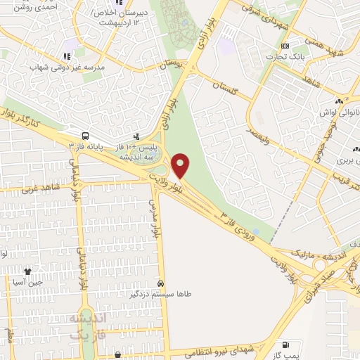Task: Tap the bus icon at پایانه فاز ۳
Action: coord(85,135)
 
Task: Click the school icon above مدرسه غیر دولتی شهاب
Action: coord(67,56)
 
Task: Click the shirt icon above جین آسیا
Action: coord(28,271)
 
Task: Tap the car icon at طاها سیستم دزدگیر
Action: coord(161,283)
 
